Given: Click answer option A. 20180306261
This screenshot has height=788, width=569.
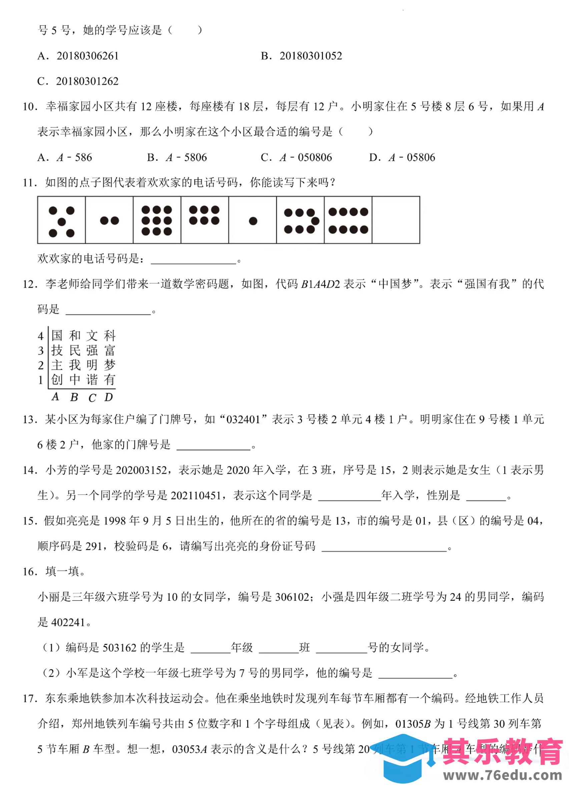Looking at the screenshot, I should pos(78,56).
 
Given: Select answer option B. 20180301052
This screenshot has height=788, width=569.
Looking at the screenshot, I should pos(301,56).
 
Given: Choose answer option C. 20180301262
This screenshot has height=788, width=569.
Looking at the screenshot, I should pos(78,81).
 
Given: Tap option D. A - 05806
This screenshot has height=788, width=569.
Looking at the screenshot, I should pos(402,158).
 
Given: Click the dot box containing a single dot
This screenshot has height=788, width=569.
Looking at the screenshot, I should pos(253,220).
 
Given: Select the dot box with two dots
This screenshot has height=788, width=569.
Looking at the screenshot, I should pos(109,220).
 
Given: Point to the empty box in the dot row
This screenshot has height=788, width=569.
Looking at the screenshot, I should pos(396,220).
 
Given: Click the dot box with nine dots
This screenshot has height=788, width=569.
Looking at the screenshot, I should pos(157,220).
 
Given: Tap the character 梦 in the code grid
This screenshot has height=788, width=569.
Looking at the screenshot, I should pos(109,365).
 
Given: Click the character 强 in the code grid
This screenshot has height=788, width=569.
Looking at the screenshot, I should pos(92,350).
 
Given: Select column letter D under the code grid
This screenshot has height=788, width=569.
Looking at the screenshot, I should pos(109,397).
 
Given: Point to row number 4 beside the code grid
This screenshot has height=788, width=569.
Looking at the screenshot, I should pos(41,336).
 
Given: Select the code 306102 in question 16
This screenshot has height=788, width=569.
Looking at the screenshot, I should pos(292,597).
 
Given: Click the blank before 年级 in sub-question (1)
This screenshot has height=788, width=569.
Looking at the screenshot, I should pos(211,647).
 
